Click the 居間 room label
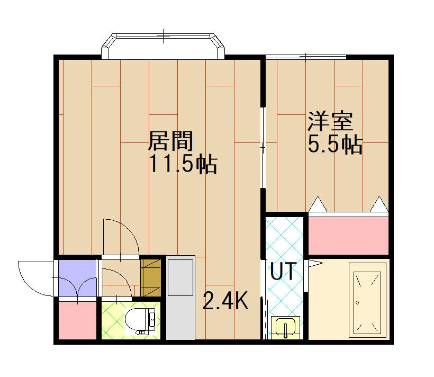pyautogui.click(x=169, y=141)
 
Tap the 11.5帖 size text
pyautogui.click(x=182, y=165)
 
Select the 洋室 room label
pyautogui.click(x=330, y=121)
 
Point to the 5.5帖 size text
pyautogui.click(x=335, y=145)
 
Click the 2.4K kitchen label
pyautogui.click(x=225, y=301)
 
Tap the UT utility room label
pyautogui.click(x=284, y=271)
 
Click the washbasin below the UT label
pyautogui.click(x=285, y=327)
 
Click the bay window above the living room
pyautogui.click(x=163, y=47)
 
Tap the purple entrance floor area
pyautogui.click(x=77, y=278)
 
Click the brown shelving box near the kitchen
pyautogui.click(x=151, y=276)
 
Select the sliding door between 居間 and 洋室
pyautogui.click(x=263, y=148)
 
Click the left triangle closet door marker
pyautogui.click(x=317, y=204)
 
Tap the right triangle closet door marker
pyautogui.click(x=378, y=204)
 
